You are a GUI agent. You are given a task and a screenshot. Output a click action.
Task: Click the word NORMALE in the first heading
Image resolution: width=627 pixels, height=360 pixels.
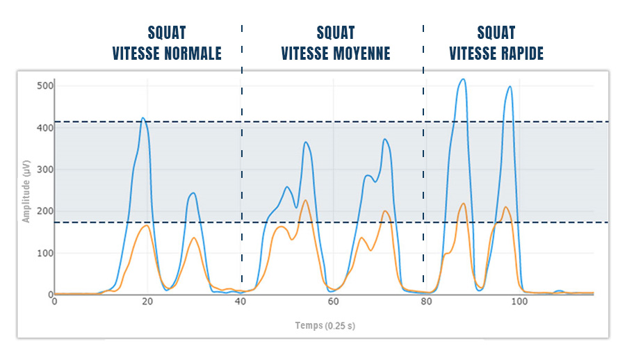(193, 54)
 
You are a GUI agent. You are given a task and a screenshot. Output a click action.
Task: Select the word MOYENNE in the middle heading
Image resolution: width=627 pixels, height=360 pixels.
(361, 54)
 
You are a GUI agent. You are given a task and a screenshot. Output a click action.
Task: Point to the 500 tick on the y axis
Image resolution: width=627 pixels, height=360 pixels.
(45, 85)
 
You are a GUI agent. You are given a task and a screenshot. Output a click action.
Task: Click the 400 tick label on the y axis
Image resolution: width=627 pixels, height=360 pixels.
(45, 128)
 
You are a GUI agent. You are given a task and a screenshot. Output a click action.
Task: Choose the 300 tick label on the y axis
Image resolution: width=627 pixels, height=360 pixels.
(45, 170)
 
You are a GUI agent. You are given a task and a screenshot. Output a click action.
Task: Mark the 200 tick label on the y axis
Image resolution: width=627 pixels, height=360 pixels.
(45, 211)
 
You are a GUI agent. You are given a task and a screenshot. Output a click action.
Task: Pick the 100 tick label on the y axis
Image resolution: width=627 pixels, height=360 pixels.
(45, 253)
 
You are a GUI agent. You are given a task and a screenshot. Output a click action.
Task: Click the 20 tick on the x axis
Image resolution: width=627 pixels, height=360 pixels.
(147, 302)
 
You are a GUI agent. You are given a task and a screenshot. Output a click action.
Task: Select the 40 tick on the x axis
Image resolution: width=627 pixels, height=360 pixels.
(241, 302)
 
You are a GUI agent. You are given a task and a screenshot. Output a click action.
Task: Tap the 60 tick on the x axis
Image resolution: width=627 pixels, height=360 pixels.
(334, 302)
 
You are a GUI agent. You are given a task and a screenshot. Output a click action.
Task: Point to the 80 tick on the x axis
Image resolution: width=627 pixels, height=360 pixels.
(427, 302)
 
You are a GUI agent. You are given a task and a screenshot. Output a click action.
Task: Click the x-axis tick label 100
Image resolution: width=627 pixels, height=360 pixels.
(519, 302)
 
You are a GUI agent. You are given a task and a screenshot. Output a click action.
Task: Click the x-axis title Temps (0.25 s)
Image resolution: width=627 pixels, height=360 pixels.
(325, 325)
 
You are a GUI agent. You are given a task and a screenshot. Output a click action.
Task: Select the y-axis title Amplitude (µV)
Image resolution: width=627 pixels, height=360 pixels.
(26, 189)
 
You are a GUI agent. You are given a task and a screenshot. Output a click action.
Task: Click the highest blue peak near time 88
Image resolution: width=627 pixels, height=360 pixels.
(463, 79)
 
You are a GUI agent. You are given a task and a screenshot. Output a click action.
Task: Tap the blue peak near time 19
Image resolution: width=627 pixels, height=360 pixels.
(142, 118)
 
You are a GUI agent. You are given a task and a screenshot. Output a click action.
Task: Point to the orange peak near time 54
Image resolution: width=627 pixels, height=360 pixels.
(305, 200)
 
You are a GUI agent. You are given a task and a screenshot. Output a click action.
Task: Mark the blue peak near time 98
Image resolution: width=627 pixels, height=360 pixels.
(510, 87)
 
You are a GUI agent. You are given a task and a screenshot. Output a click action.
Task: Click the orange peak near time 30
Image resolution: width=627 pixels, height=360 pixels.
(194, 238)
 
